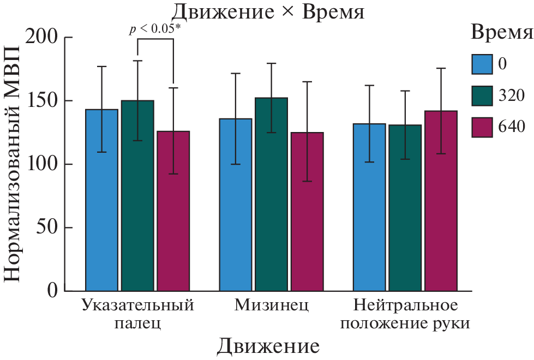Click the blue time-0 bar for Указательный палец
point(102,200)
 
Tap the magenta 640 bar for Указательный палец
point(173,211)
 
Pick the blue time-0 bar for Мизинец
point(236,205)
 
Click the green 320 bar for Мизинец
point(271,194)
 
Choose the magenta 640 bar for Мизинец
point(307,212)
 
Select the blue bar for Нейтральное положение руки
point(369,207)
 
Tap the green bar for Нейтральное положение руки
point(405,208)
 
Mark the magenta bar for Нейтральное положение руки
point(441,200)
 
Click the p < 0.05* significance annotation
point(155,30)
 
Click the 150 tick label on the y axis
point(50,101)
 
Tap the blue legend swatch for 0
point(482,64)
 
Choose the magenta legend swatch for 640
point(482,127)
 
